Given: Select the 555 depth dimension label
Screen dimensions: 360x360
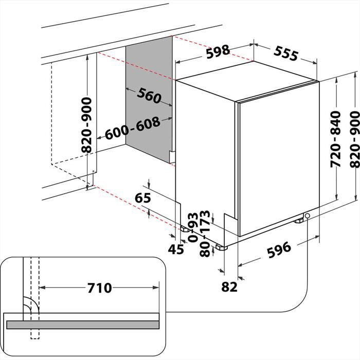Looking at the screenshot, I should click(286, 53).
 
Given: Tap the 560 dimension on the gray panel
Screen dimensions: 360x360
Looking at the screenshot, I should click(150, 95).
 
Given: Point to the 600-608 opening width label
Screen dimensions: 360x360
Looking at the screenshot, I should click(132, 128).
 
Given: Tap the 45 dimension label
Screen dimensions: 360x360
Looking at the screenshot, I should click(176, 250).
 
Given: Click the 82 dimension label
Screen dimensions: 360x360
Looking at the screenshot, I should click(229, 286).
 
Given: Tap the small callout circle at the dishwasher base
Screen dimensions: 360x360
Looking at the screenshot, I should click(307, 216).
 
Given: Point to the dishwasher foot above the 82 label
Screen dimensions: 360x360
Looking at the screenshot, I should click(222, 247).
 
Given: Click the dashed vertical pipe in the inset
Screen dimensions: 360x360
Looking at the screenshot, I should click(34, 288).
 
